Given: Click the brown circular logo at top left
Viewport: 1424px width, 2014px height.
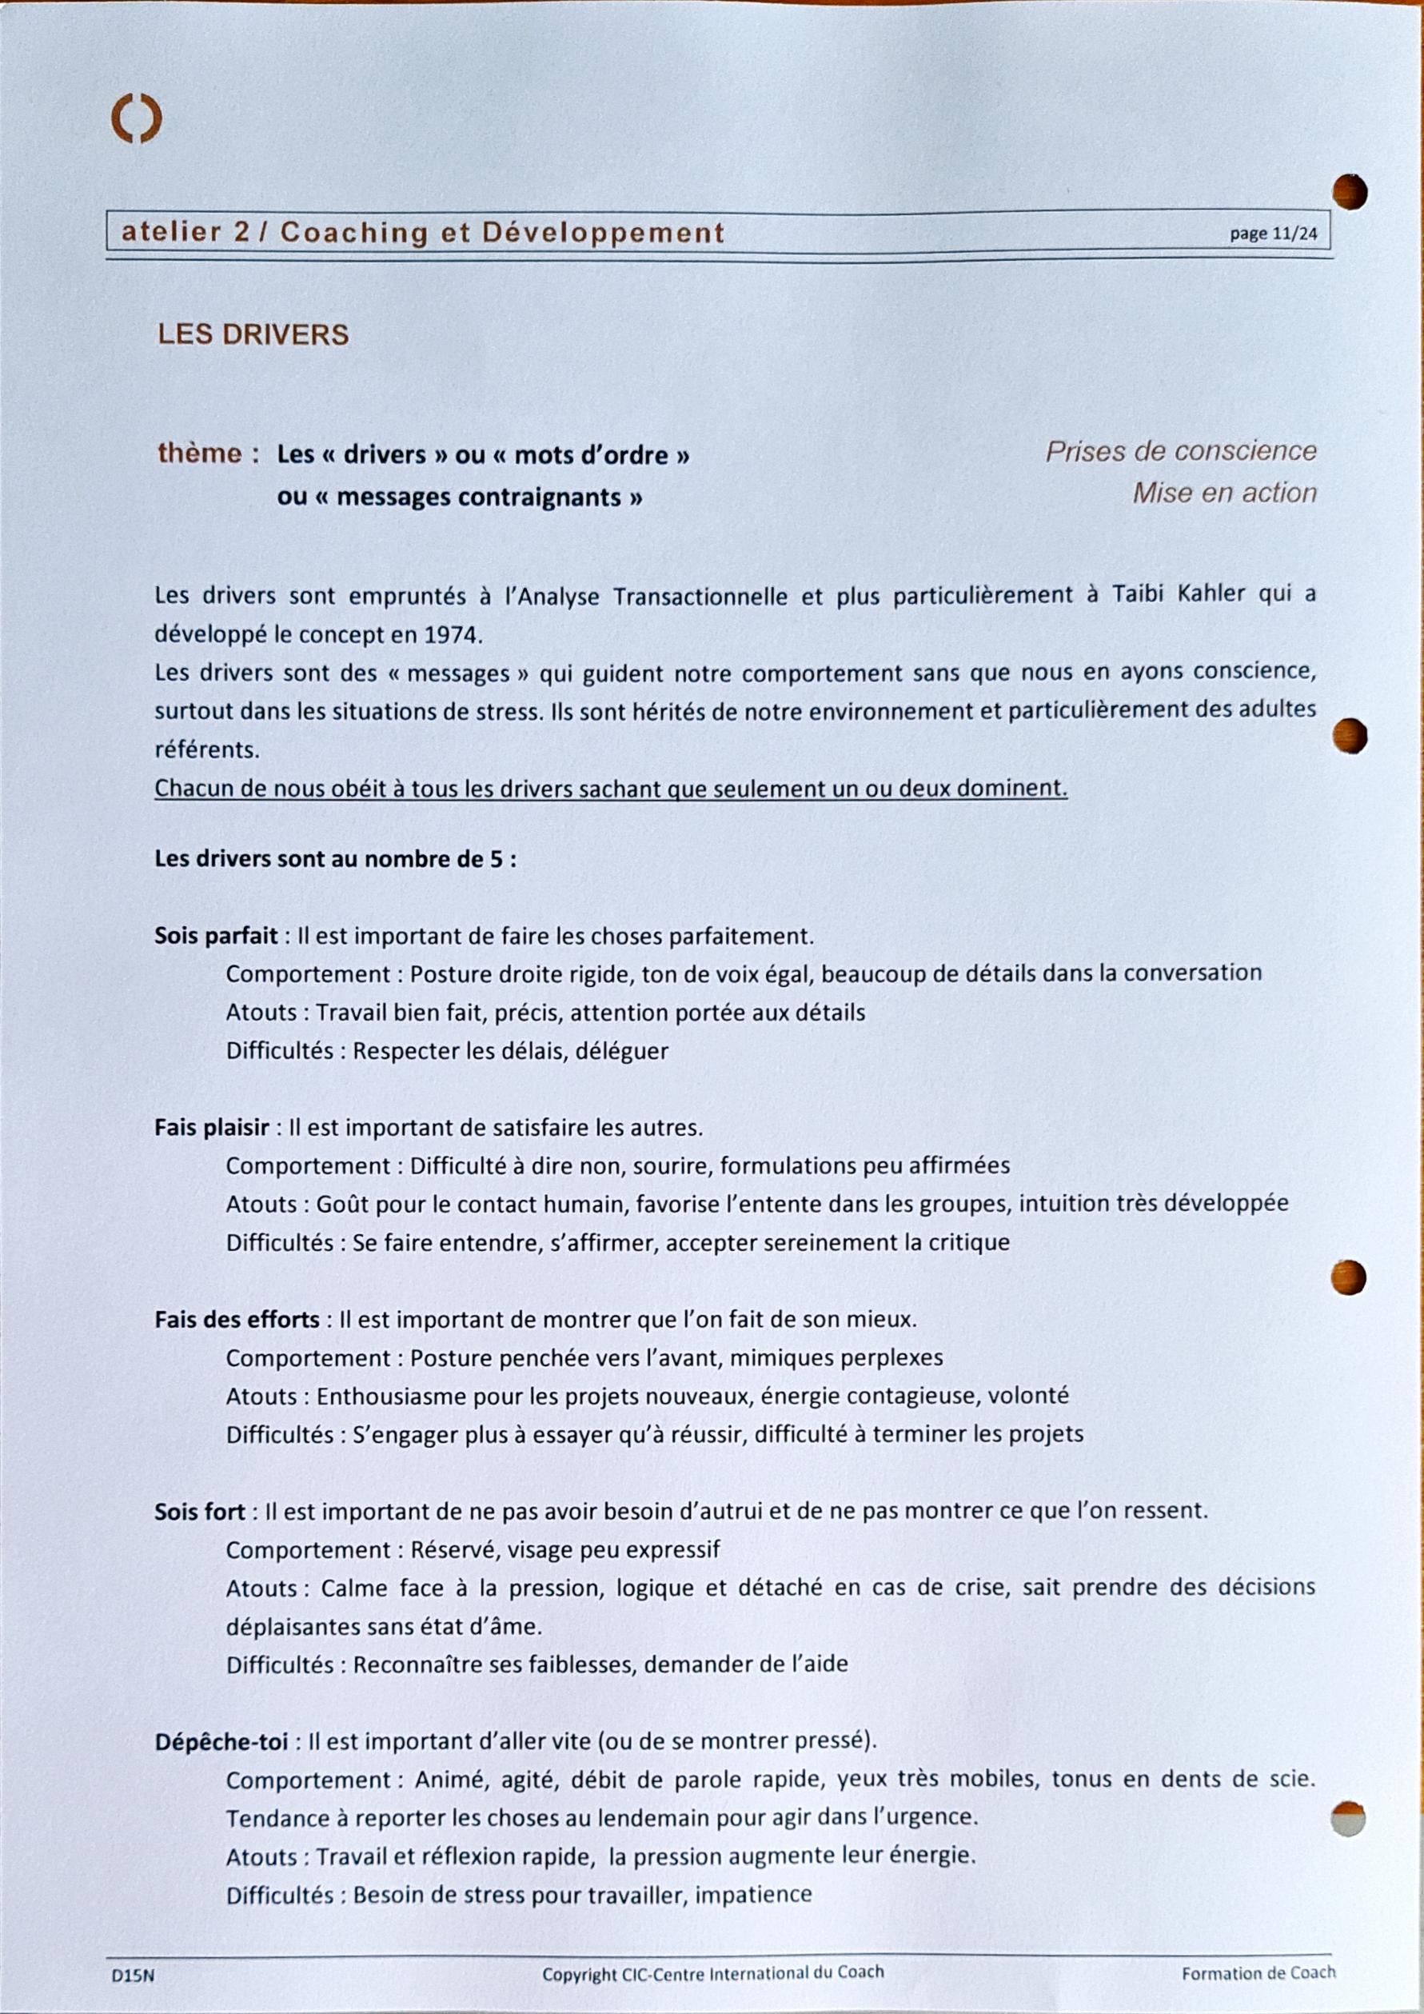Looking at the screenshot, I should point(136,119).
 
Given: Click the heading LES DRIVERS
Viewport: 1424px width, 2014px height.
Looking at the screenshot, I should point(253,334).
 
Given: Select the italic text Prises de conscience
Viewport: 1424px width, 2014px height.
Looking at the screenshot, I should point(1180,451).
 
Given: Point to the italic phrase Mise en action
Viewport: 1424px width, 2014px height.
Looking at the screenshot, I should point(1224,493).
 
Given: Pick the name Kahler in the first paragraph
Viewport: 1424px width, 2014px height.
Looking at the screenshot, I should point(1211,593).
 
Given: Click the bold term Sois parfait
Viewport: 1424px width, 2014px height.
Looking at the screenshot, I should point(216,935).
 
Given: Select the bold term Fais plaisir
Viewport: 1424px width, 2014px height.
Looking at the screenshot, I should point(211,1127).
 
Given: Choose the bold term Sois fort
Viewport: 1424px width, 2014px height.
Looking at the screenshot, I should point(200,1512).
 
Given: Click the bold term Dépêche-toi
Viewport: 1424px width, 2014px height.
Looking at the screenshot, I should point(221,1742).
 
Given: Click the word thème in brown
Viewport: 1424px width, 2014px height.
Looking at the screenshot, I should point(199,453).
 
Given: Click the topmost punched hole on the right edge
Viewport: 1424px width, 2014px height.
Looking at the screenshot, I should point(1350,192).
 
